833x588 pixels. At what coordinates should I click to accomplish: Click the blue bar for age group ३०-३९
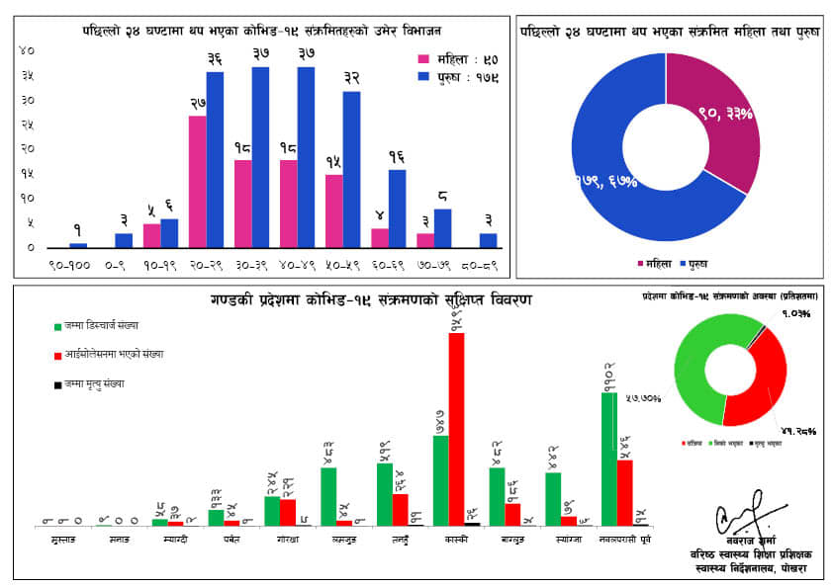click(260, 157)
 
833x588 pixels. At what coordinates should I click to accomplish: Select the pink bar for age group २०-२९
click(198, 182)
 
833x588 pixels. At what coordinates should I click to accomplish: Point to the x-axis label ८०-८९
click(479, 265)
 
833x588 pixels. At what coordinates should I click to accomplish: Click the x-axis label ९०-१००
click(69, 265)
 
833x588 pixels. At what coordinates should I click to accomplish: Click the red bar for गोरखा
click(288, 512)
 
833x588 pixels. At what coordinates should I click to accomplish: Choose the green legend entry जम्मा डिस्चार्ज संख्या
click(99, 325)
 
